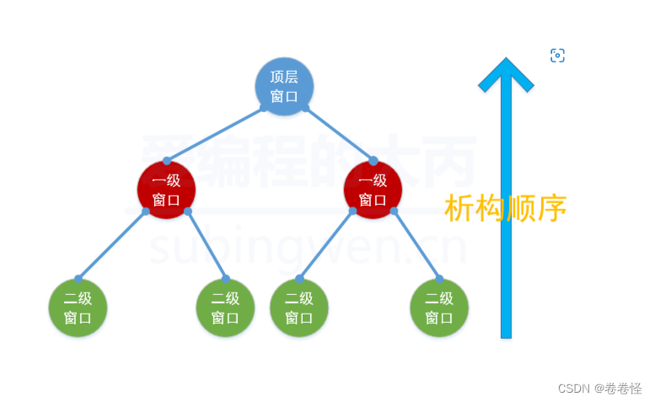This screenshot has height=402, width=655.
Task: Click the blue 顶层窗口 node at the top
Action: (284, 86)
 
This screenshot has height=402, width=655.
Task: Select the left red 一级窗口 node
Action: (166, 190)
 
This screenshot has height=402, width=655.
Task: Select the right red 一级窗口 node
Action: (373, 190)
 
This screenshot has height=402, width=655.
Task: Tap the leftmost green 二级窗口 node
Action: (78, 308)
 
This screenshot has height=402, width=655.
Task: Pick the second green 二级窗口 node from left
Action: (225, 308)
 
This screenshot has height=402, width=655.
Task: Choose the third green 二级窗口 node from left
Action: (299, 308)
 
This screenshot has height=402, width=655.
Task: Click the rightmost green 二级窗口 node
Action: (439, 308)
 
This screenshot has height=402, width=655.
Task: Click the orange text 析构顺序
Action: (505, 208)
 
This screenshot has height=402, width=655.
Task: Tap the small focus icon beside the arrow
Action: (557, 56)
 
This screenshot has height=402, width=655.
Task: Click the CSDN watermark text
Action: (573, 389)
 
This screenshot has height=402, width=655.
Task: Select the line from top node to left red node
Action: (215, 134)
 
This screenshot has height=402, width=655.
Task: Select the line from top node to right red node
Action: (339, 134)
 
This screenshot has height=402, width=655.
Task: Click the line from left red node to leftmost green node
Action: (112, 244)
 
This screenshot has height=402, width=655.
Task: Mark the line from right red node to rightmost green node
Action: (416, 244)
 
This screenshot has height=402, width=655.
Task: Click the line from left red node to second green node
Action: (207, 244)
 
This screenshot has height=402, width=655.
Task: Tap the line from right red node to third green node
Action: (326, 244)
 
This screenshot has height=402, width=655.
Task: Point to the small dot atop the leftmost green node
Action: (78, 279)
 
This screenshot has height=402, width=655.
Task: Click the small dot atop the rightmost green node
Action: (439, 279)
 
